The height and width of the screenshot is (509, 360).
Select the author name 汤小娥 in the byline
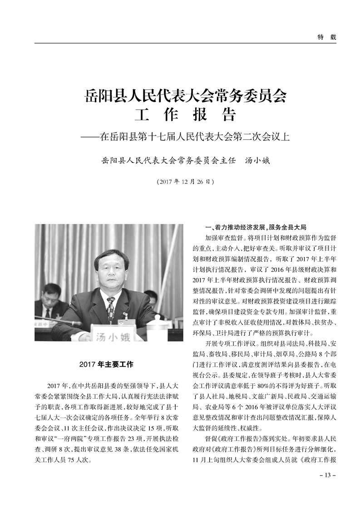(x=257, y=161)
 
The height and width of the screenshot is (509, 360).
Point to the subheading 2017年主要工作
(x=106, y=364)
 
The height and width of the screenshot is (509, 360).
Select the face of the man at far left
(x=48, y=297)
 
